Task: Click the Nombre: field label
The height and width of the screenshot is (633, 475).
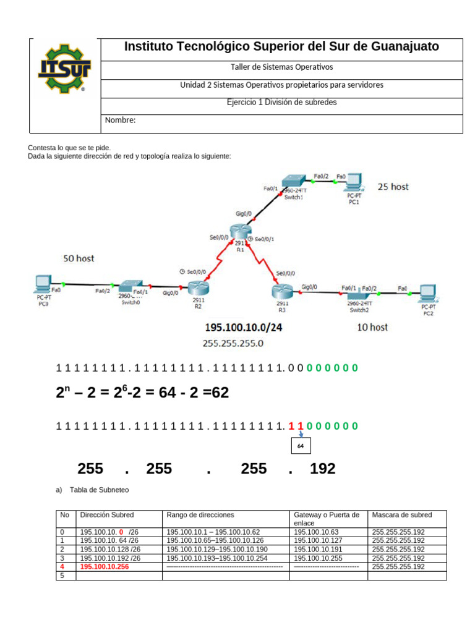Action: (120, 121)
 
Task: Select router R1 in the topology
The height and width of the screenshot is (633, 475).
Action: (239, 232)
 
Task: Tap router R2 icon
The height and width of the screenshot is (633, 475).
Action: (199, 287)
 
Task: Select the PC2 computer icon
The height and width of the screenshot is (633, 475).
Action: (427, 292)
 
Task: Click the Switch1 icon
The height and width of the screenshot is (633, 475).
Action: (293, 181)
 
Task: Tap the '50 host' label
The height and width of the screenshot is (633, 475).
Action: (79, 258)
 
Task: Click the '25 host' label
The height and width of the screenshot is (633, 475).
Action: (393, 186)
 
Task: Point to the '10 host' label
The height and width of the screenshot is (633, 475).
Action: (372, 327)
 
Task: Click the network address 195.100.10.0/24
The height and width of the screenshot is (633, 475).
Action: (244, 328)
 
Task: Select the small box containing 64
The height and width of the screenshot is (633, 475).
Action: (301, 446)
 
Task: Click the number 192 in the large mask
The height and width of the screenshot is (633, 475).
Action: (322, 469)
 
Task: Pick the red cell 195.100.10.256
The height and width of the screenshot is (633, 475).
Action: (105, 567)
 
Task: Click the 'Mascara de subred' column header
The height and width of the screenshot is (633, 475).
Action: (402, 515)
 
